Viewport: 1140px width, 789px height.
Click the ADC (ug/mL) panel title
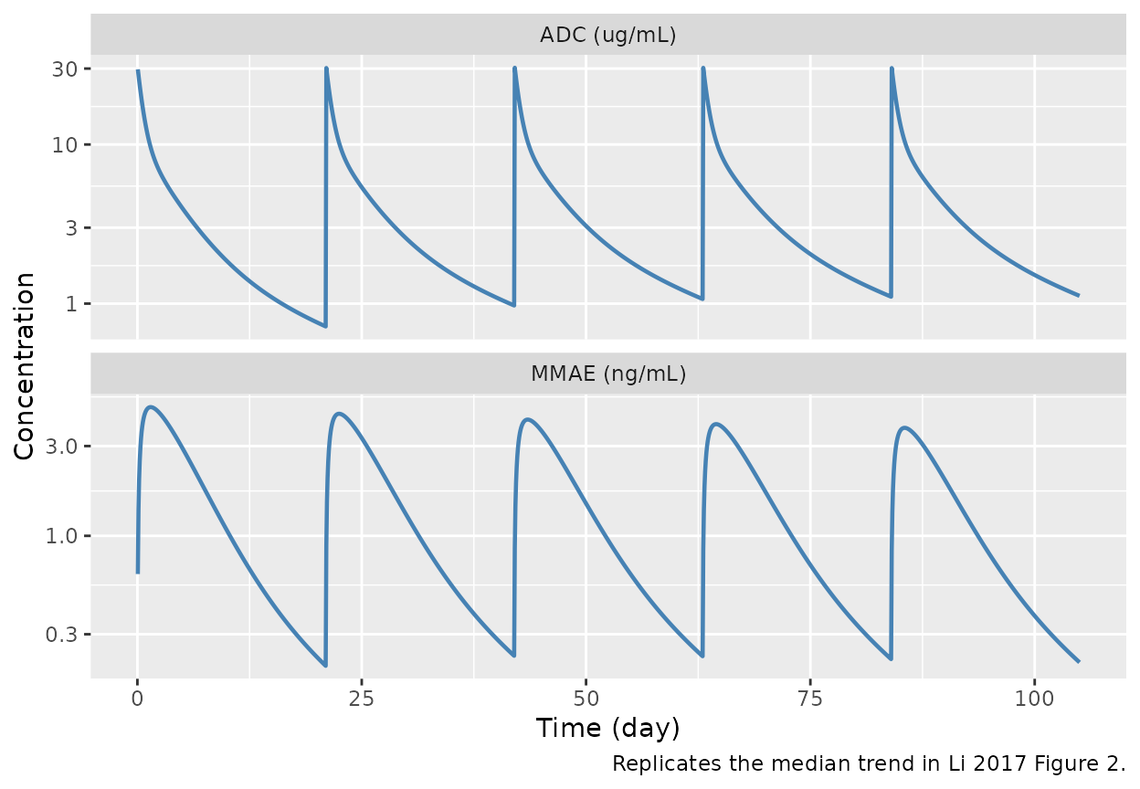[x=607, y=36]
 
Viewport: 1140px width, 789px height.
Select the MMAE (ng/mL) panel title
[x=607, y=373]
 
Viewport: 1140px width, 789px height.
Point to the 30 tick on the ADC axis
[x=76, y=69]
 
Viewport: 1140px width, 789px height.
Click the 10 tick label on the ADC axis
[x=76, y=145]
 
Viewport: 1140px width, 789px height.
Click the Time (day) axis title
[x=607, y=729]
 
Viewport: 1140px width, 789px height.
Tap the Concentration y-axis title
[x=26, y=365]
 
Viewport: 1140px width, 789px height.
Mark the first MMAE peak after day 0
[x=151, y=406]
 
